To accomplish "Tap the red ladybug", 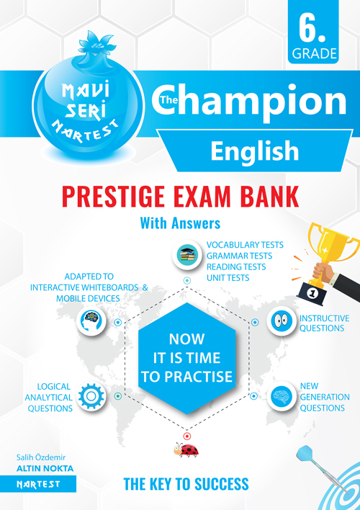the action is (x=186, y=449).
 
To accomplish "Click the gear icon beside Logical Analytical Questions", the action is (x=91, y=396).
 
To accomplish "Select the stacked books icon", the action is (x=187, y=255).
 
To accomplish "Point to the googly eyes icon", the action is (x=282, y=321).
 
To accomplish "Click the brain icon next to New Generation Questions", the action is (x=282, y=396).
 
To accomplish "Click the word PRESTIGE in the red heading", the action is (x=113, y=196).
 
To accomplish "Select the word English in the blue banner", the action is (x=255, y=151).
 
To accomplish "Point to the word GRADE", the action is (x=314, y=54).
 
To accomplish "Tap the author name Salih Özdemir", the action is (x=41, y=457).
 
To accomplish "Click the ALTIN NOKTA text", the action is (x=45, y=469).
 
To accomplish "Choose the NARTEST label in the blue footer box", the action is (x=38, y=484).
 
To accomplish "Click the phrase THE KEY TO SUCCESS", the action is (x=186, y=484).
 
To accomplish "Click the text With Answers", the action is (x=180, y=223).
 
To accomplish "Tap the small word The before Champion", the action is (x=168, y=100).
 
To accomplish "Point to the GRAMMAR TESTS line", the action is (x=239, y=256).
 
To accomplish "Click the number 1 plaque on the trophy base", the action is (x=313, y=293).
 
